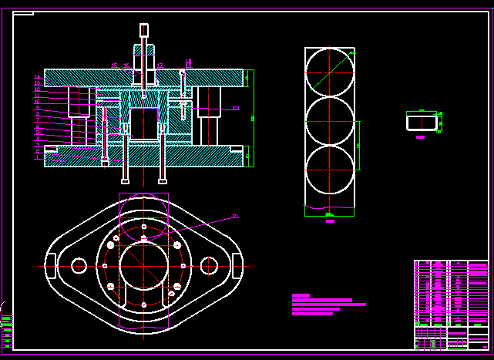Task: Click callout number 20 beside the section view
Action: click(235, 108)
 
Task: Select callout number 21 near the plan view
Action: click(235, 217)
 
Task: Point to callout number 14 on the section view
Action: click(37, 77)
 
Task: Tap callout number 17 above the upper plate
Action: click(160, 66)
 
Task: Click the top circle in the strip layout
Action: click(330, 72)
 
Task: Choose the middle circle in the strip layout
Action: click(330, 121)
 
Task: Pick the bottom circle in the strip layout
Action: click(330, 170)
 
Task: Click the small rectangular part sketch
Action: click(421, 122)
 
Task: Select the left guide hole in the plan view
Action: click(79, 266)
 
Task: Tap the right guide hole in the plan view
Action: click(209, 266)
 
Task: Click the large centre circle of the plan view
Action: click(143, 266)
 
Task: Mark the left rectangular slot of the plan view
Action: click(50, 266)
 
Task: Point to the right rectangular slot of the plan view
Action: click(237, 266)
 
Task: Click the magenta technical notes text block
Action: click(328, 304)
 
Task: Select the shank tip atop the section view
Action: click(144, 30)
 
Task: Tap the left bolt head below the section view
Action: click(125, 182)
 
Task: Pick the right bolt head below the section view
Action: click(162, 182)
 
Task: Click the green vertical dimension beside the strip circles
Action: click(358, 145)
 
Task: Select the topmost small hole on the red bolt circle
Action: click(144, 227)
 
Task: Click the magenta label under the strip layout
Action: click(330, 221)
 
